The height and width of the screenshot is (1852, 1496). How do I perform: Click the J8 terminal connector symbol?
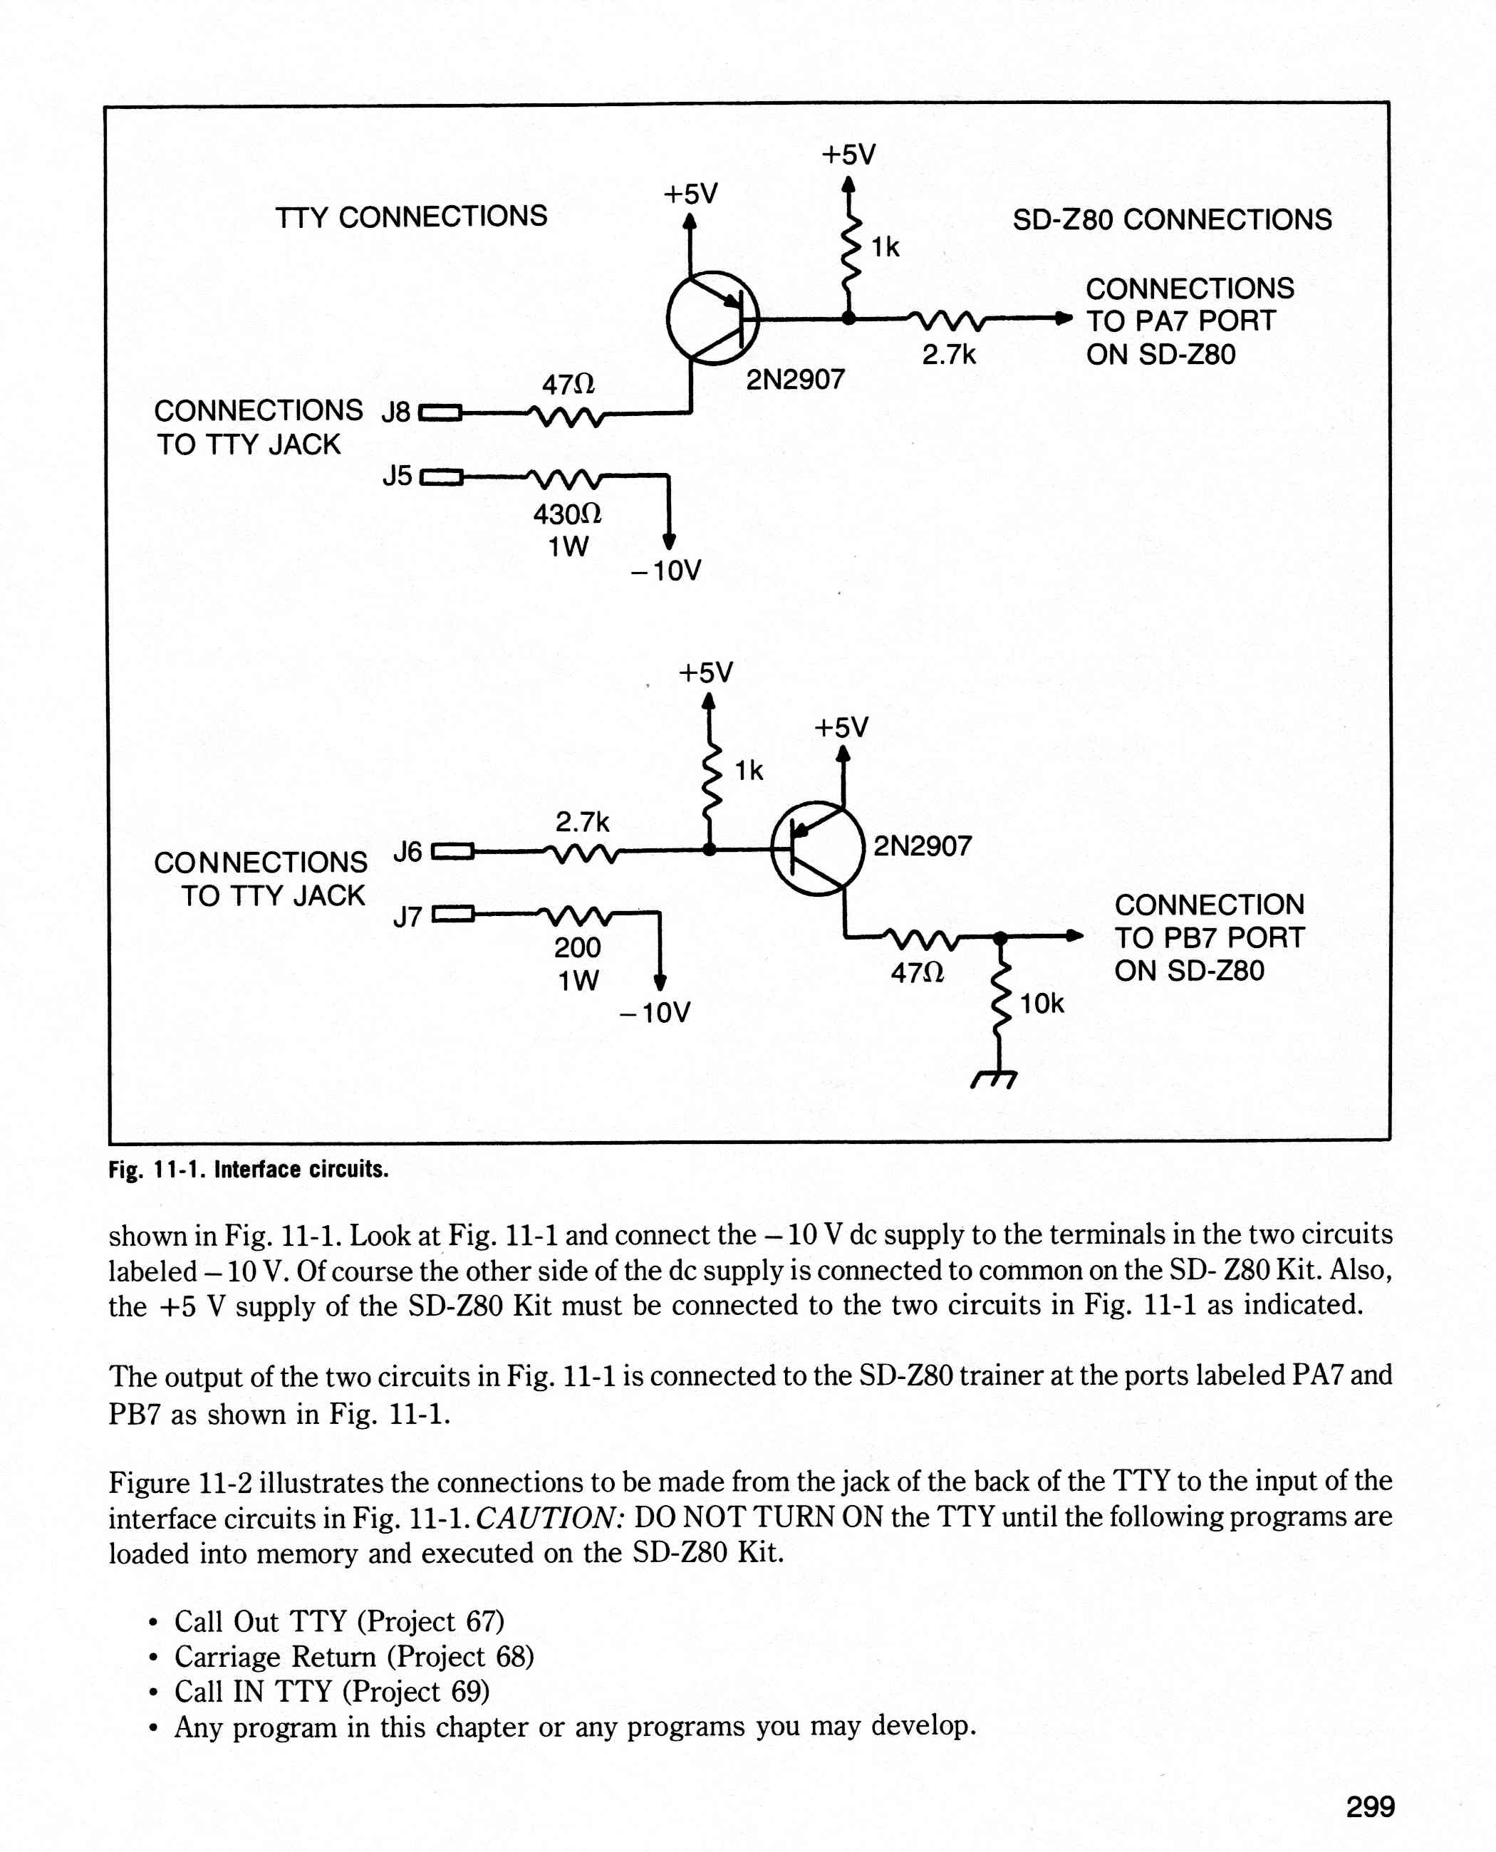(440, 414)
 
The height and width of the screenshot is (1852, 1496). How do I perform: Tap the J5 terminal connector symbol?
(441, 477)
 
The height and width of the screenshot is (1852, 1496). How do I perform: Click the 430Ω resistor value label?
(567, 514)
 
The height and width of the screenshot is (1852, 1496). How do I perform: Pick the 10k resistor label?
(1042, 1004)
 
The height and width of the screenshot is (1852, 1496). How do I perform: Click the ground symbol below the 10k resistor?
(995, 1079)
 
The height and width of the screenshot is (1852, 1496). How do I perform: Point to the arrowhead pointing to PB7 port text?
(1074, 936)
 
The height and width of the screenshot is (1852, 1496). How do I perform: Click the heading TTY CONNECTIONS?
(411, 217)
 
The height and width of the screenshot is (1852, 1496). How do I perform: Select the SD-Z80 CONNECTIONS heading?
(1172, 220)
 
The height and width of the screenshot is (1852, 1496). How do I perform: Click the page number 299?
(1370, 1806)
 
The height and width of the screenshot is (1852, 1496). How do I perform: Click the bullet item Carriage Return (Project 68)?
(354, 1656)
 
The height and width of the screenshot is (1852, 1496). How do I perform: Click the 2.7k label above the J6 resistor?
(582, 822)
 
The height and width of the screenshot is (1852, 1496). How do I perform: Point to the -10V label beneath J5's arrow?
(666, 571)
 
